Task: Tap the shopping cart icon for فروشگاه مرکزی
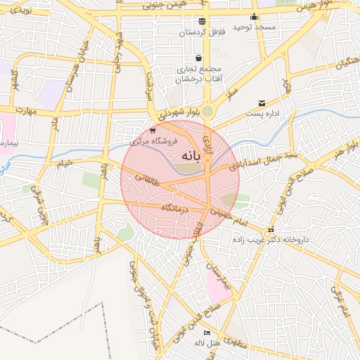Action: tap(153, 130)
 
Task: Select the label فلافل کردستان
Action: tap(202, 32)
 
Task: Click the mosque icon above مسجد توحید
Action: tap(255, 17)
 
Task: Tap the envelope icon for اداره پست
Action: tap(262, 103)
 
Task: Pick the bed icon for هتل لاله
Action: tap(206, 333)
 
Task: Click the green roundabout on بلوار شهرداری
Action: tap(207, 110)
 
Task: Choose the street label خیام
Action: tap(65, 163)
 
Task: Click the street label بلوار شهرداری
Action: tap(179, 112)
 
